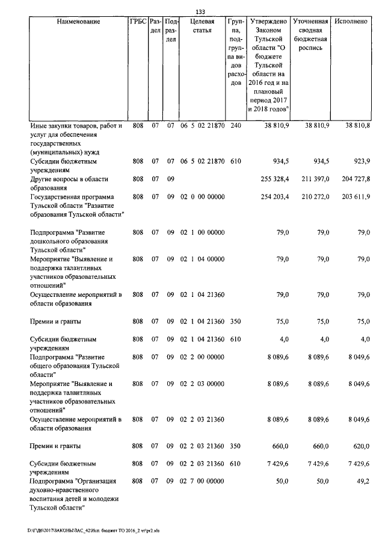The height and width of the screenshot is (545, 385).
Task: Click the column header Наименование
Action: point(79,22)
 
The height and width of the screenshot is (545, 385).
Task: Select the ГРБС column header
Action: point(137,22)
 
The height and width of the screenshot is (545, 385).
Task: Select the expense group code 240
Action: point(235,126)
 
